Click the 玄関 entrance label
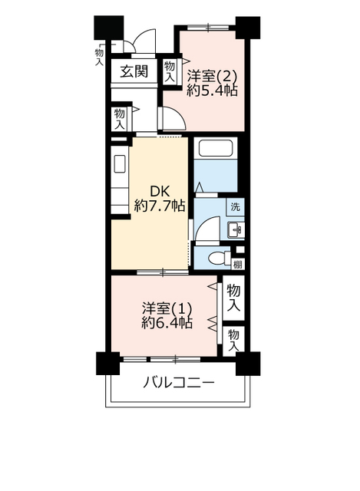coord(134,71)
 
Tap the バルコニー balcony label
coord(179,383)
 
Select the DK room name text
coord(160,191)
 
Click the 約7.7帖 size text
coord(160,206)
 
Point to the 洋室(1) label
coord(167,308)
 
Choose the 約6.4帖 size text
coord(167,322)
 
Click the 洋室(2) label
coord(212,76)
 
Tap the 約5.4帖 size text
coord(212,91)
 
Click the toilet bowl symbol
coord(220,258)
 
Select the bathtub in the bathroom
coord(216,148)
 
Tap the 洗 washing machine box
coord(236,206)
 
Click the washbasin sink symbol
coord(236,230)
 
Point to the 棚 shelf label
coord(237,265)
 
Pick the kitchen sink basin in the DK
coord(120,163)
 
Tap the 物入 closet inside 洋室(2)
coord(170,72)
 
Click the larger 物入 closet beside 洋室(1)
coord(233,298)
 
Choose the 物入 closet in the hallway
coord(120,119)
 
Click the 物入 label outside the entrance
coord(99,56)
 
